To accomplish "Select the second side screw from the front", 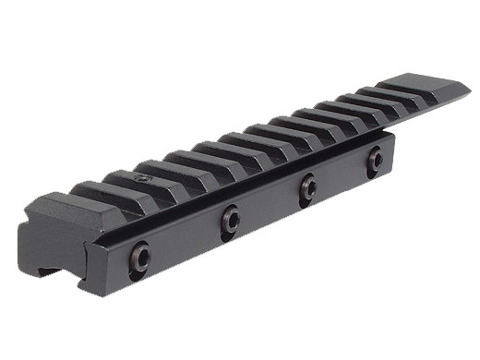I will pyautogui.click(x=230, y=220).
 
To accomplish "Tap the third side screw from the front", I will pyautogui.click(x=307, y=187).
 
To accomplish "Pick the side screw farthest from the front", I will pyautogui.click(x=376, y=161).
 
